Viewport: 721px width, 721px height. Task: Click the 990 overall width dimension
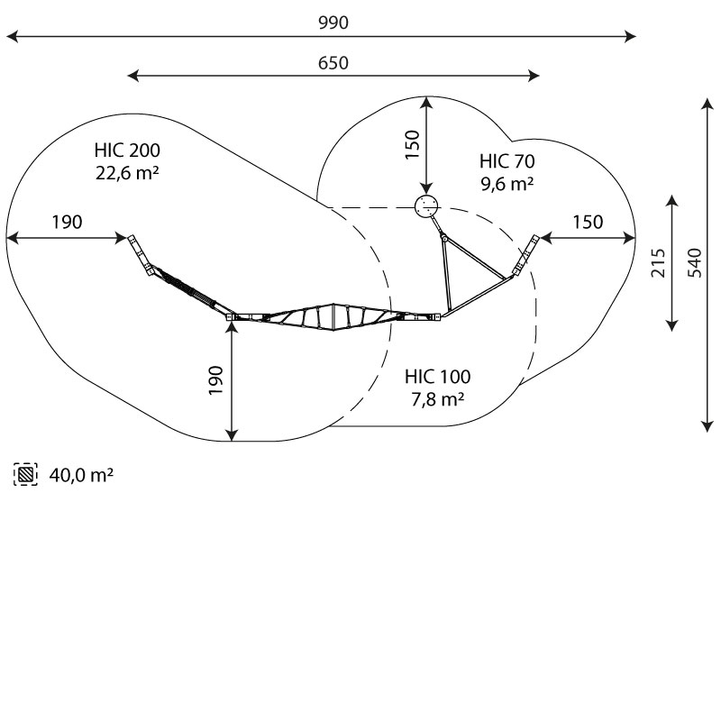click(x=333, y=23)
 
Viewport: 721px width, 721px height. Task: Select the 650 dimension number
click(x=333, y=63)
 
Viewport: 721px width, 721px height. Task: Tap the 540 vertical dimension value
click(x=695, y=262)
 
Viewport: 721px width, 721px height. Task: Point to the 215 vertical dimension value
click(x=658, y=262)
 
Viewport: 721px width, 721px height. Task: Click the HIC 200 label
click(x=127, y=151)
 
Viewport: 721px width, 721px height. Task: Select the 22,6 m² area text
click(x=127, y=173)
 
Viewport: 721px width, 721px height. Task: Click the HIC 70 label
click(x=507, y=161)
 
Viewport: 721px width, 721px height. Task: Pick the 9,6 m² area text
click(x=507, y=184)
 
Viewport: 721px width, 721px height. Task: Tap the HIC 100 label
click(x=438, y=377)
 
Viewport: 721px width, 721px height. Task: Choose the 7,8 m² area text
click(x=438, y=399)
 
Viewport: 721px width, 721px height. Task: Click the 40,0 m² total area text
click(x=81, y=475)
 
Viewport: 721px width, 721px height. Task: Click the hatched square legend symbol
click(x=26, y=474)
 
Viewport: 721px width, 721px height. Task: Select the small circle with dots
click(x=426, y=206)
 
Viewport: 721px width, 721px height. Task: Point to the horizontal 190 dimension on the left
click(x=67, y=222)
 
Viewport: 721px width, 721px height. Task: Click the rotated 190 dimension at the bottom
click(x=215, y=380)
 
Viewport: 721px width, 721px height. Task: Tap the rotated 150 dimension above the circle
click(x=413, y=145)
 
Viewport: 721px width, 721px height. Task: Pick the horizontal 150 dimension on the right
click(x=588, y=222)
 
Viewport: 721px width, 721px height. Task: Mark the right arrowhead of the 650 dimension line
click(x=534, y=76)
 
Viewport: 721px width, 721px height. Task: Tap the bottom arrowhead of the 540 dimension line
click(x=707, y=426)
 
